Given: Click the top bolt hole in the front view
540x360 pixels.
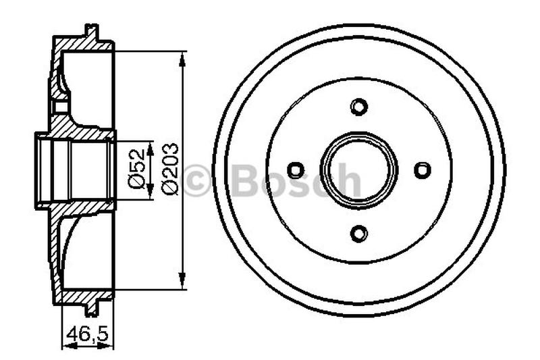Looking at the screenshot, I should pyautogui.click(x=359, y=107).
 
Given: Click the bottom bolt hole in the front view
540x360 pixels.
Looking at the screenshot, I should pyautogui.click(x=359, y=234).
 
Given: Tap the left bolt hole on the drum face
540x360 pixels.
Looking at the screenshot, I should pyautogui.click(x=295, y=170).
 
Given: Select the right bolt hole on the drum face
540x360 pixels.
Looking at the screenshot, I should pyautogui.click(x=423, y=170).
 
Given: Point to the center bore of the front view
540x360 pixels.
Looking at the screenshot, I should pyautogui.click(x=359, y=170).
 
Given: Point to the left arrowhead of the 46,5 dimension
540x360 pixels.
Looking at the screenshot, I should pyautogui.click(x=66, y=344).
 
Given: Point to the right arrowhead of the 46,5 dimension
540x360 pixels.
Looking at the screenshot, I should pyautogui.click(x=109, y=344).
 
